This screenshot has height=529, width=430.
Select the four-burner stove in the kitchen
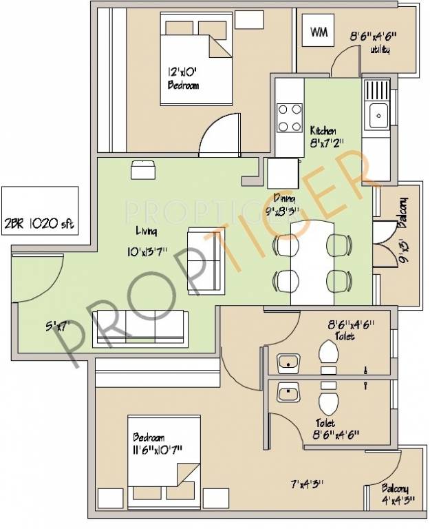point(290,117)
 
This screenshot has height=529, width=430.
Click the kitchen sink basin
point(378,116)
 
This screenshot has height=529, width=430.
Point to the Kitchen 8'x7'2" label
point(323,136)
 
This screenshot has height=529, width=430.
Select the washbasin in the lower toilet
point(287,393)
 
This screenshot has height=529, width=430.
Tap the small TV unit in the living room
point(142,170)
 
